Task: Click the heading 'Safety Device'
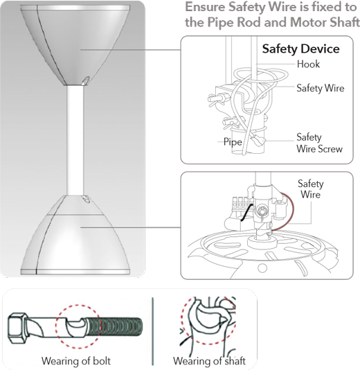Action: [x=300, y=49]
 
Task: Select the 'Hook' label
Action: [x=308, y=64]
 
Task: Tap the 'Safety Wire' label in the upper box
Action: [x=319, y=88]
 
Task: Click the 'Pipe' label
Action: [x=231, y=141]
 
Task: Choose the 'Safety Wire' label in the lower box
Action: [x=310, y=189]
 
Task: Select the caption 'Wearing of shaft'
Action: [x=209, y=360]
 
